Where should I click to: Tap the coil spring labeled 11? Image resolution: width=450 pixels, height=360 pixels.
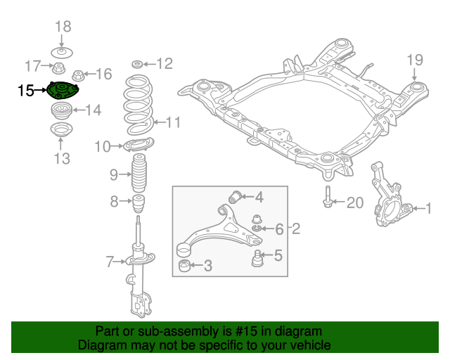click(139, 105)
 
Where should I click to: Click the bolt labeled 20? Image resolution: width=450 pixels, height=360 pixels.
click(329, 199)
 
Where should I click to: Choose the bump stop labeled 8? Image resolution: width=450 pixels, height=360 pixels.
click(139, 205)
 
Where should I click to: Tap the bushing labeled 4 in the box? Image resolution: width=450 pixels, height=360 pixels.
click(238, 195)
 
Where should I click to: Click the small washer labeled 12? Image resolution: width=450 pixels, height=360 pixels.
click(138, 64)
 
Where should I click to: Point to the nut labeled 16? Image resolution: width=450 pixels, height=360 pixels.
click(79, 74)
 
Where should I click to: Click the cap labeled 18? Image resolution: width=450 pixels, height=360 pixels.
click(63, 52)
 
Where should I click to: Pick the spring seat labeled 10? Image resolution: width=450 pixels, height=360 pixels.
click(137, 146)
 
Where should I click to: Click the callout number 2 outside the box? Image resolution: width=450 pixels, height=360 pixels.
click(296, 229)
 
